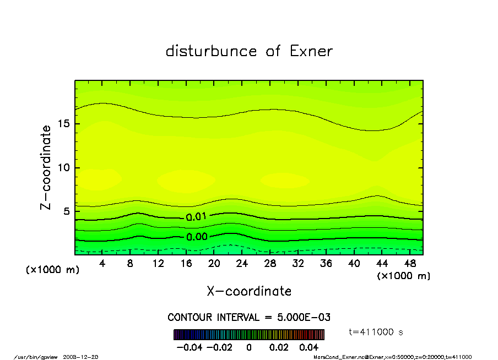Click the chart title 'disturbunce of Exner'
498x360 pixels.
coord(249,51)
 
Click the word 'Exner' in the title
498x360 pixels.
coord(311,51)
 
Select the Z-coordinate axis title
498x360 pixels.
coord(46,167)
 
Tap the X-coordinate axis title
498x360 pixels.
coord(249,291)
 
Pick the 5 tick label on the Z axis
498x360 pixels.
coord(66,211)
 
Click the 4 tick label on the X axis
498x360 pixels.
coord(102,264)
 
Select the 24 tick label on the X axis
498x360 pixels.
coord(242,264)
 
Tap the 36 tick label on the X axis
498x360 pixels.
coord(326,264)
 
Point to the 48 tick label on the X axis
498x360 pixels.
coord(409,264)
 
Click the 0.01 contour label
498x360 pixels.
coord(196,217)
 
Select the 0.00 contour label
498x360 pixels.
coord(196,237)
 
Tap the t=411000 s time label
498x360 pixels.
coord(377,331)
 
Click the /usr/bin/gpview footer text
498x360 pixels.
coord(32,357)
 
